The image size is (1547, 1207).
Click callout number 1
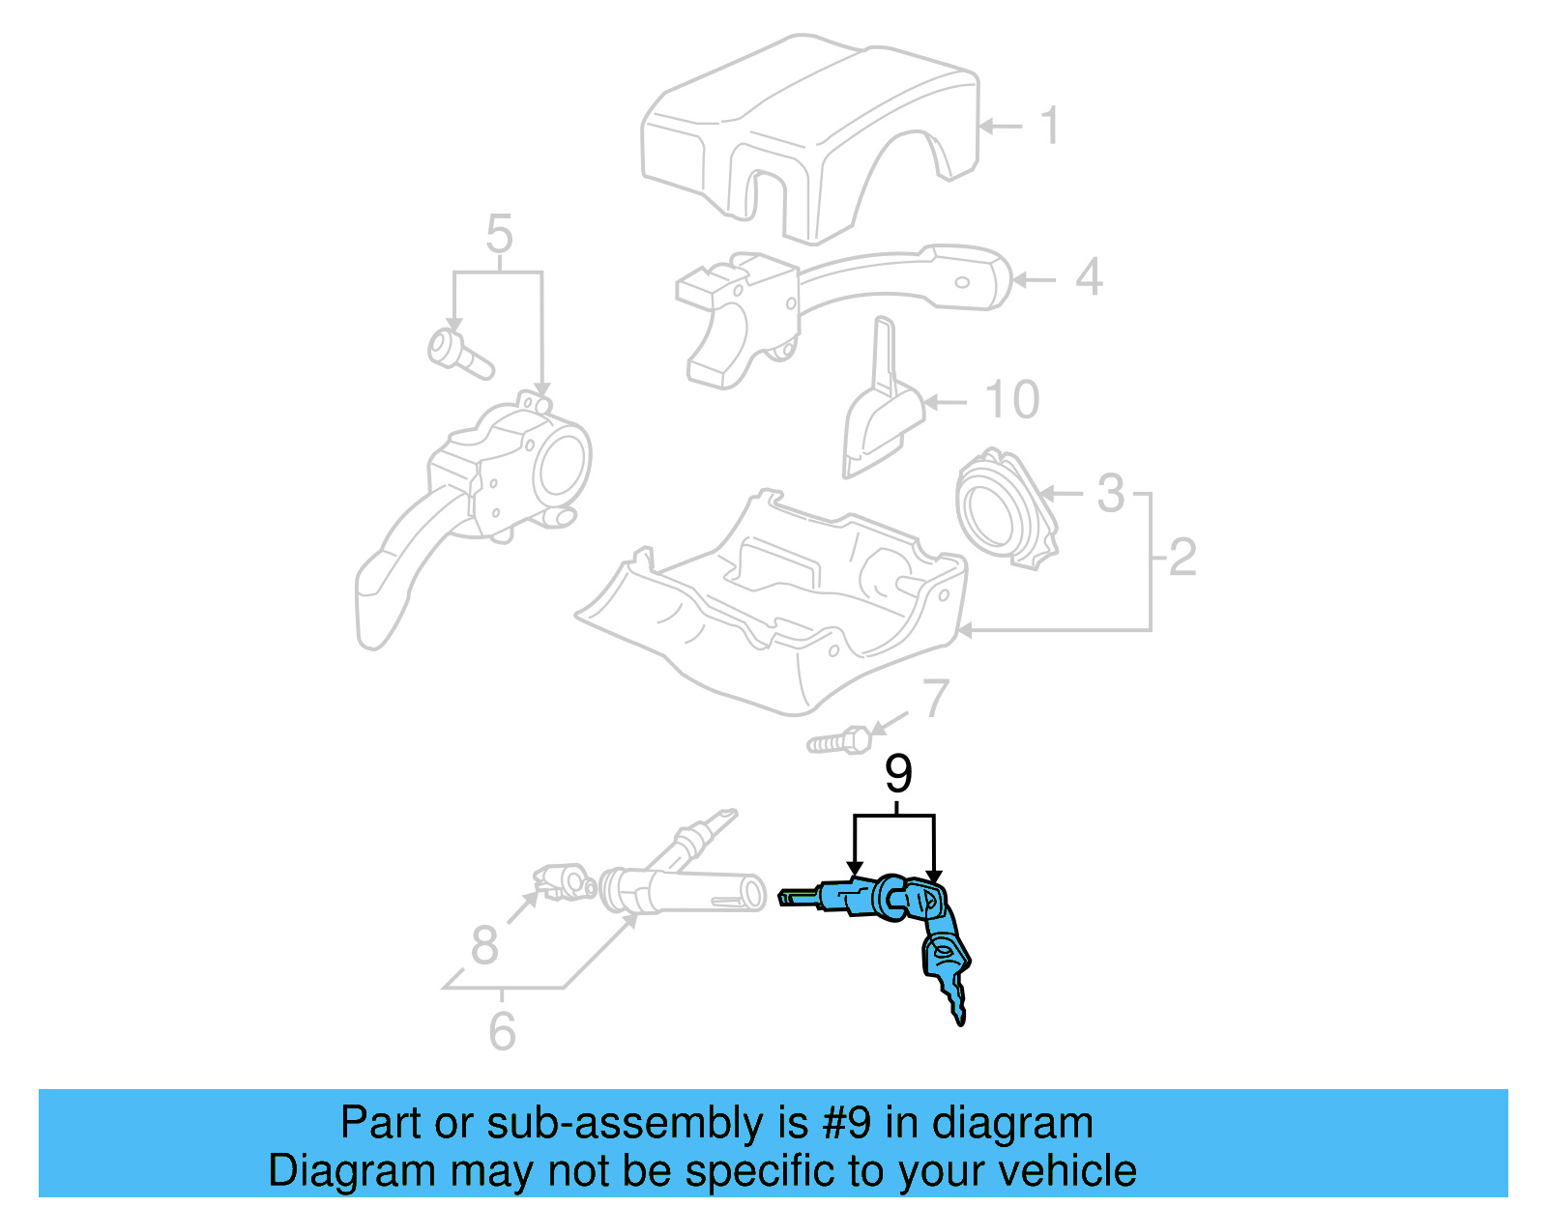1050,127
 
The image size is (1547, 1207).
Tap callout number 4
1089,278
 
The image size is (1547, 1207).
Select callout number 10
1012,399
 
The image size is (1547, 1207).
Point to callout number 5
499,235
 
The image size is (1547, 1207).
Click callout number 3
1111,494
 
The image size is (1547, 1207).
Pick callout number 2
1182,558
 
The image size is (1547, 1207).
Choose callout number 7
935,698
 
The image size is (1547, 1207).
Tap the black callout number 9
898,774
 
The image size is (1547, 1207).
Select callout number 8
484,945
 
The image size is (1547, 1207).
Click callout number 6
502,1031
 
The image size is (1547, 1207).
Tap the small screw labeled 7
837,742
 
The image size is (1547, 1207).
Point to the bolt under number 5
458,354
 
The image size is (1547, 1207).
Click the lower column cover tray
773,618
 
